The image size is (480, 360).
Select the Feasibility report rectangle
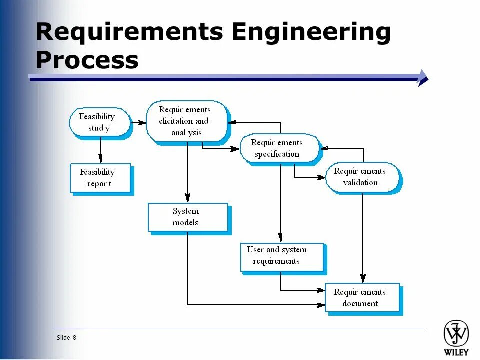click(100, 178)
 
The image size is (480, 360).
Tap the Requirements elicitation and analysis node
click(186, 121)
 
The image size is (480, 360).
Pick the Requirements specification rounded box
click(279, 148)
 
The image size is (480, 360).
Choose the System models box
click(188, 217)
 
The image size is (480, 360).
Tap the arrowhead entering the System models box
click(187, 198)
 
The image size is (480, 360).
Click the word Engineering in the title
click(311, 32)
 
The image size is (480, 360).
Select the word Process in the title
click(87, 60)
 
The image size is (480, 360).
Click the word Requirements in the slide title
click(129, 32)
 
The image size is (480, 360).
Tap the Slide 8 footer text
click(66, 338)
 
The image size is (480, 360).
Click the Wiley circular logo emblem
click(456, 333)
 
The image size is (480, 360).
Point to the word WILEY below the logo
click(456, 352)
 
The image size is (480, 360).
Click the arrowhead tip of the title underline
click(425, 78)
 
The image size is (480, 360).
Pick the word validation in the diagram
click(360, 183)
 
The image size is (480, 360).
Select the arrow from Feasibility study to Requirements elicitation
click(138, 122)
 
